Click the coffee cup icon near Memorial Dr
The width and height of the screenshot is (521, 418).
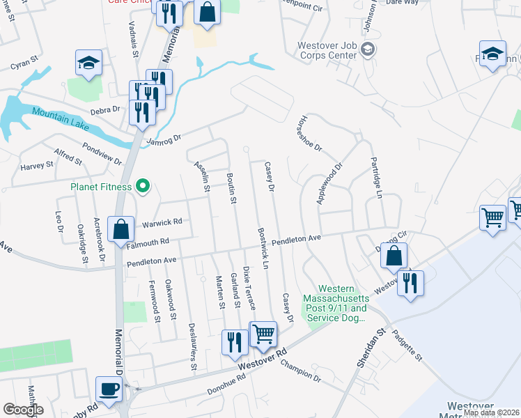pos(109,389)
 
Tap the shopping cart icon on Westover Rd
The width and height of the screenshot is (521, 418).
pos(263,334)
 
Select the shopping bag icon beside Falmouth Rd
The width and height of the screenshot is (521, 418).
pos(121,229)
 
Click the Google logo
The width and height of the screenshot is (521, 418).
pos(24,410)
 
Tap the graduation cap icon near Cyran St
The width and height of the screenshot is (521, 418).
pos(88,63)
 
